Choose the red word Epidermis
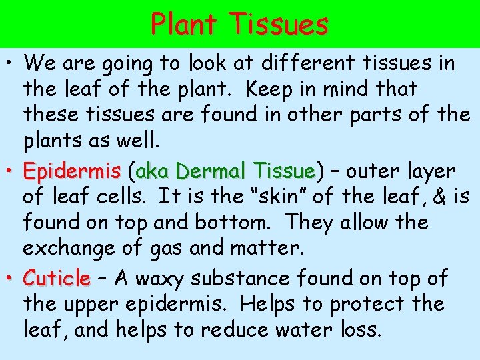pos(71,172)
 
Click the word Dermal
pos(207,172)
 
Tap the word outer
pos(382,172)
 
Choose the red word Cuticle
pos(57,277)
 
